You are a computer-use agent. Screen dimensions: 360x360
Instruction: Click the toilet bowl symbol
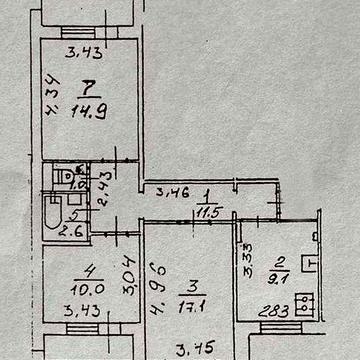[x=66, y=177]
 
